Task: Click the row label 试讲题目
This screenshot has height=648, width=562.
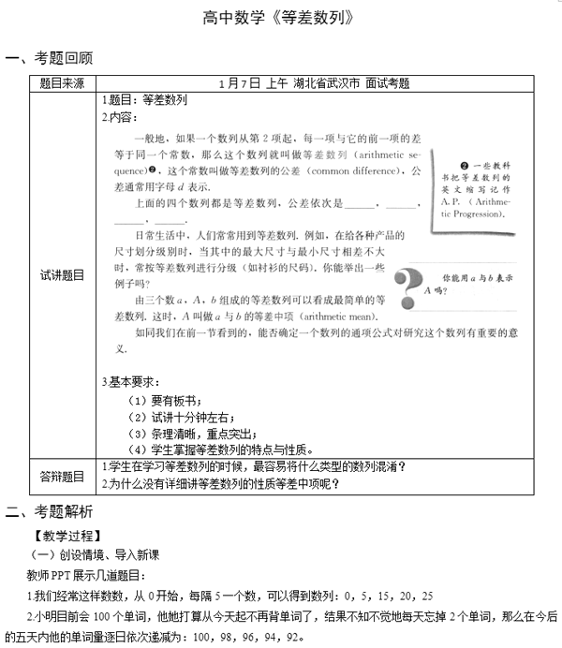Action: coord(62,275)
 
